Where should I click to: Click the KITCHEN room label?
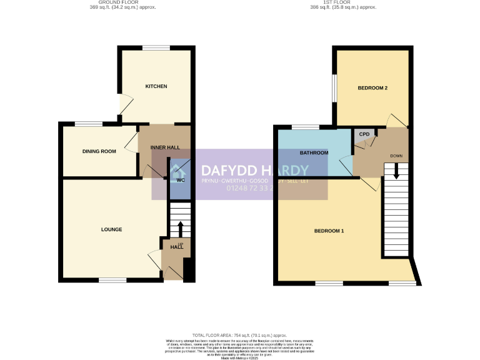(x=156, y=86)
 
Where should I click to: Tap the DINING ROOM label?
(x=99, y=151)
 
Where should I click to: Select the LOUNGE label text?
(x=111, y=229)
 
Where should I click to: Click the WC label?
(x=181, y=181)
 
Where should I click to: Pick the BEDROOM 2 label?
(x=372, y=88)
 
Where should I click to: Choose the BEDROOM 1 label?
(x=329, y=231)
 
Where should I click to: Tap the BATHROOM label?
(x=314, y=152)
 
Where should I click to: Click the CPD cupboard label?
(x=364, y=134)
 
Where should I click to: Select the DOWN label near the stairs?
(x=396, y=156)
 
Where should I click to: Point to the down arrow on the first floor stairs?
(x=396, y=173)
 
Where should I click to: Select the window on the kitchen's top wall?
(x=156, y=48)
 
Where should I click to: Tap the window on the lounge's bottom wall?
(x=112, y=279)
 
